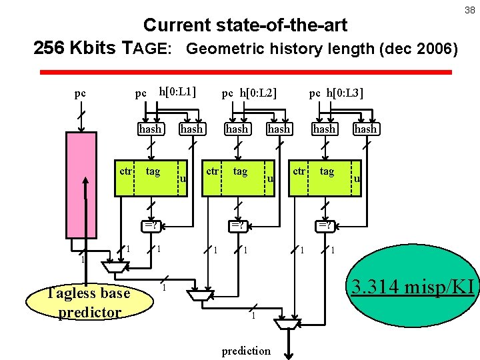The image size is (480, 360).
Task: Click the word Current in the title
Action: [x=177, y=26]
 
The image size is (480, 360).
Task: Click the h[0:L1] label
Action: [x=176, y=91]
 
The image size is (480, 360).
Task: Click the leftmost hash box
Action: [x=150, y=129]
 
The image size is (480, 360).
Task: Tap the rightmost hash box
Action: [x=365, y=129]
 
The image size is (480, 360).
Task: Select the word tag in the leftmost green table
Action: [x=153, y=172]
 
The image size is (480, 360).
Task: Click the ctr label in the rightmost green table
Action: [x=299, y=171]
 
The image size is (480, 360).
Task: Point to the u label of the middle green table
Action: [x=271, y=178]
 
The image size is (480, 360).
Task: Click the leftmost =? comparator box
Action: [x=151, y=225]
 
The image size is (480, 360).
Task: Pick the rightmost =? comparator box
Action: [x=325, y=225]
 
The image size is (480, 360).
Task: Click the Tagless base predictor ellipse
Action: [x=89, y=303]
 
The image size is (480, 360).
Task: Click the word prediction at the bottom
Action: [x=246, y=351]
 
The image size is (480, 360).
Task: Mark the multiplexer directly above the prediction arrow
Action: [x=288, y=324]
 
